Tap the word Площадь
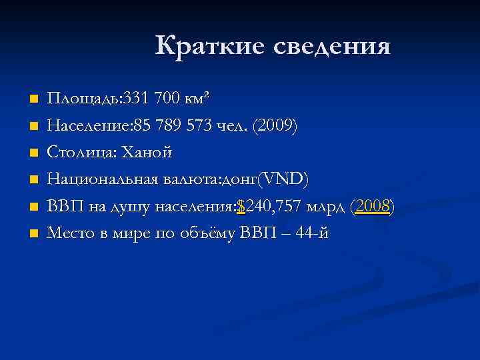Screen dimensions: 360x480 82,100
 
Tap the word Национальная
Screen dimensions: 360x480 100,179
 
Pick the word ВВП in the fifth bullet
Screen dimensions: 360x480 62,207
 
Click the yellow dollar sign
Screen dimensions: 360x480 241,207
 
